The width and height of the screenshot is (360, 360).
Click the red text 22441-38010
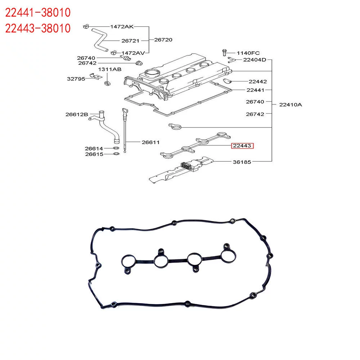coord(37,13)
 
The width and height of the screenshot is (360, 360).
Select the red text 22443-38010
coord(37,28)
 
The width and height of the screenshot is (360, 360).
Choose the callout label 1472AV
coord(133,53)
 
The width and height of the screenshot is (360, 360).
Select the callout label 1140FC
coord(248,53)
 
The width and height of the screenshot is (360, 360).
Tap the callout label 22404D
coord(255,60)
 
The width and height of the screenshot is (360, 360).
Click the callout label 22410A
coord(291,105)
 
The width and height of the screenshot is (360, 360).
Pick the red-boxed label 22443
coord(242,146)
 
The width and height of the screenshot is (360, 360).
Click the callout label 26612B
coord(77,114)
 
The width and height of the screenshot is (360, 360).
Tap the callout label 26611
coord(150,142)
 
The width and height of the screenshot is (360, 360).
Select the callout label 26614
coord(94,148)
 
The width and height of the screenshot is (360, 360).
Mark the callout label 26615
coord(94,154)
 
